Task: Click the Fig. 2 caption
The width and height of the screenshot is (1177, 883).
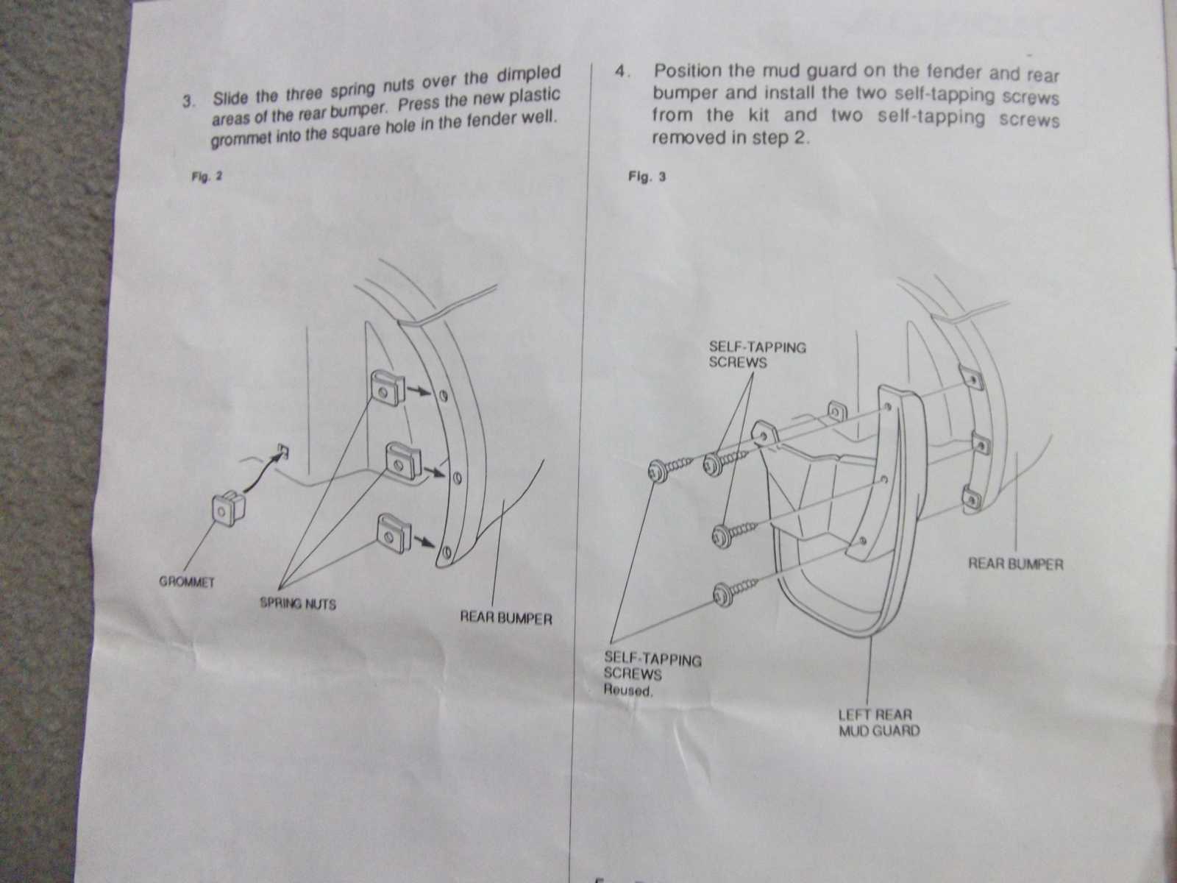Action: pos(207,177)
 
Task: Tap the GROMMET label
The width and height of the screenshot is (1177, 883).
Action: pos(187,582)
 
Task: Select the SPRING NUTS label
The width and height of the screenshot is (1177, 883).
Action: pos(298,603)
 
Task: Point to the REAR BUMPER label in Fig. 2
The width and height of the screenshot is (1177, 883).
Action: pos(505,618)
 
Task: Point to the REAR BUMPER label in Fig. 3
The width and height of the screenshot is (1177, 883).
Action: pos(1015,564)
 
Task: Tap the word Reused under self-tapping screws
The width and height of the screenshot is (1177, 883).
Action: pos(627,690)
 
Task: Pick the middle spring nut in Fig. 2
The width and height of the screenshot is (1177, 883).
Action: pos(402,462)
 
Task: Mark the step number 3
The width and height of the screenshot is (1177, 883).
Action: pos(187,101)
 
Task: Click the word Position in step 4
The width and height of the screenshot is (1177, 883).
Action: pos(687,72)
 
